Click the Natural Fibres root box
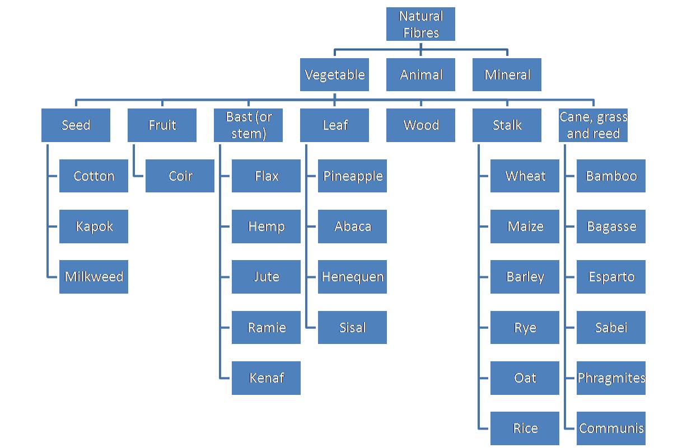[420, 24]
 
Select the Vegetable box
[334, 74]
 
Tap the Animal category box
[420, 74]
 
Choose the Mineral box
[507, 74]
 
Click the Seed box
[76, 125]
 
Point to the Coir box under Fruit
[180, 176]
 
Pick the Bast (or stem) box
[248, 125]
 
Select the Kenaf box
[266, 378]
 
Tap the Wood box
[420, 125]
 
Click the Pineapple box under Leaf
[352, 176]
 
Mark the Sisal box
[352, 327]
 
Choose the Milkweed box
[94, 277]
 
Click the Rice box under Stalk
[525, 428]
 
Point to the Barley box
[525, 277]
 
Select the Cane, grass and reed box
[593, 125]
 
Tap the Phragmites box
[611, 378]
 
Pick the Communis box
[611, 428]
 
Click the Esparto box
[611, 277]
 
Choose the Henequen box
[352, 277]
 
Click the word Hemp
[267, 227]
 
